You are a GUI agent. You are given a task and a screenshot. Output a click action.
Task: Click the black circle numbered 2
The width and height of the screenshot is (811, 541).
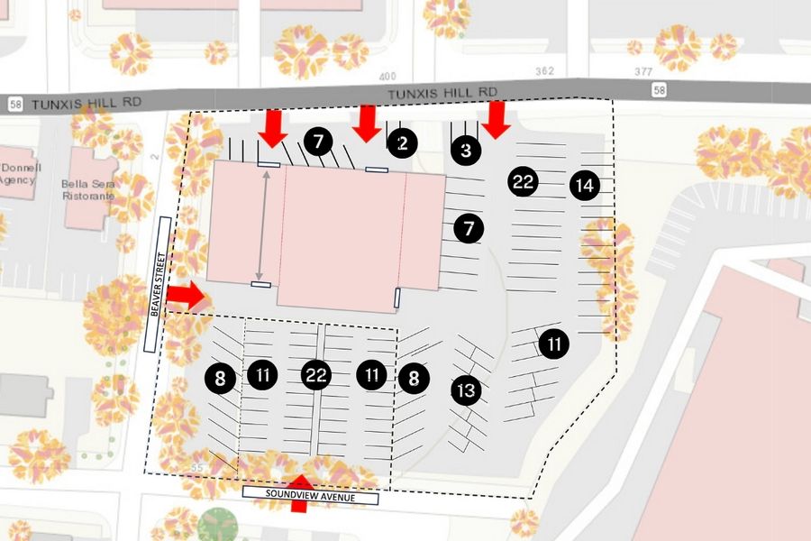pos(403,142)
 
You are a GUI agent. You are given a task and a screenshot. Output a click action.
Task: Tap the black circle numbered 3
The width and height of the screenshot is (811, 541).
pos(465,150)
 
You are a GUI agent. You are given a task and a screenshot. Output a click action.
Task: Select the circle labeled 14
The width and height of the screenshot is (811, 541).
pos(584,186)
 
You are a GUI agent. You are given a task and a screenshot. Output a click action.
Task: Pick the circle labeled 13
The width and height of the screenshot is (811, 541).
pos(466,390)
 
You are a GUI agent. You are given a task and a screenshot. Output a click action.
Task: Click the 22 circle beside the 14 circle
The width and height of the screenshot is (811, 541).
pos(523,181)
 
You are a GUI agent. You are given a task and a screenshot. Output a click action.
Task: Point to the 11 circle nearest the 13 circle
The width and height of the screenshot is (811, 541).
pos(554,344)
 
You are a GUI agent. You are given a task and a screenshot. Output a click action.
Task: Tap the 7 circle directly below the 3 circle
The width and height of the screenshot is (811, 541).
pos(468,229)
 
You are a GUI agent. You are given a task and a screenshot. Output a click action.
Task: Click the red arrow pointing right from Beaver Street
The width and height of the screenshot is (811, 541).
pos(186,295)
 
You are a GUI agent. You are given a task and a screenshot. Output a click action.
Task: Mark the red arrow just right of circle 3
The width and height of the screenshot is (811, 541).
pos(496,121)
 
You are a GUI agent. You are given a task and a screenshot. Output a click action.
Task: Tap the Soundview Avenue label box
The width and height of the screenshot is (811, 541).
pos(311,497)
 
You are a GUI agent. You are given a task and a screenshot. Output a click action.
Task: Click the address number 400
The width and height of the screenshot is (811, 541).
pos(388,77)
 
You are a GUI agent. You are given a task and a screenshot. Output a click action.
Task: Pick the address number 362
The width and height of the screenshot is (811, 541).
pos(544,70)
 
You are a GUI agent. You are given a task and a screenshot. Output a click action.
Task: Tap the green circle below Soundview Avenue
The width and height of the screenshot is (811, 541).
pos(218,524)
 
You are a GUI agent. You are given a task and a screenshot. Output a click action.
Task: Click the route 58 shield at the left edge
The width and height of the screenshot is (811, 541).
pos(14,105)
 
